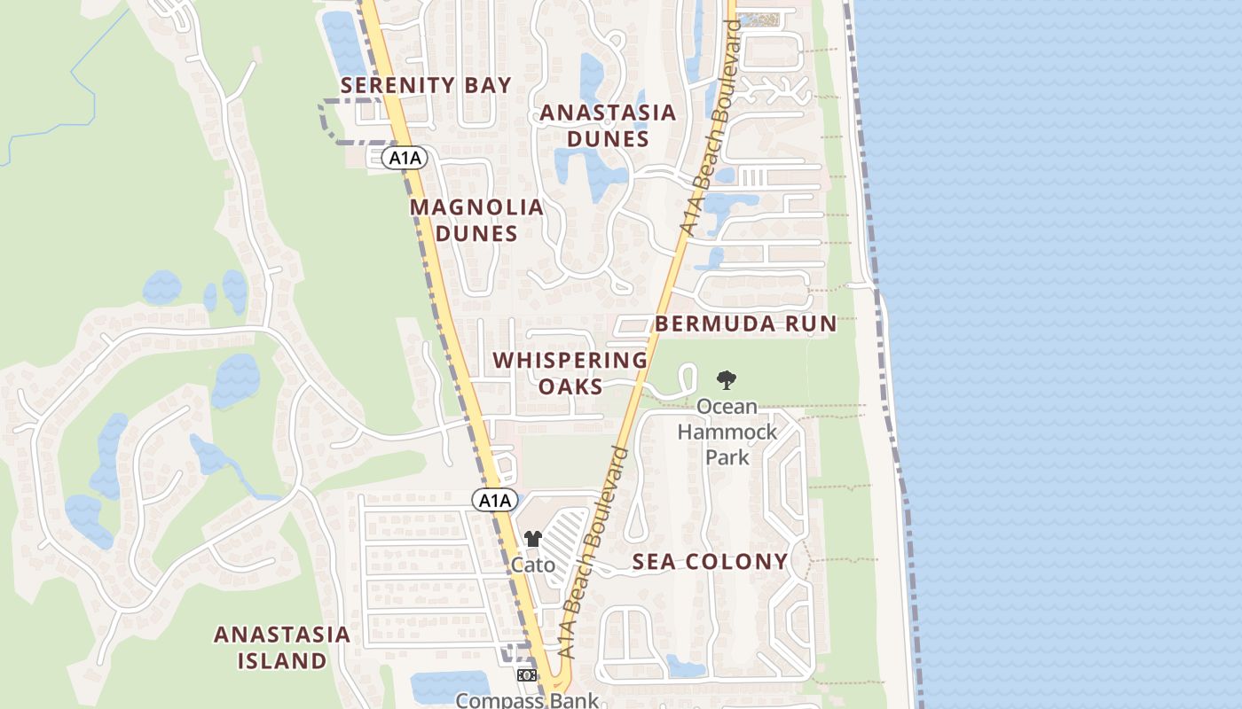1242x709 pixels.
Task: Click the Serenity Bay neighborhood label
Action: [x=426, y=86]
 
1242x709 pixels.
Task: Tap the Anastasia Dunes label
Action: [x=608, y=126]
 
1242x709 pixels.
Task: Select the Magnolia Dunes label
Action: [x=476, y=220]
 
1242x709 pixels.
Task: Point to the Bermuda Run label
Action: [x=746, y=323]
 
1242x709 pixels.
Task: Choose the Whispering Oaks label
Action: [x=570, y=373]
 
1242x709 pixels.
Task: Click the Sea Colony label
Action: [x=710, y=561]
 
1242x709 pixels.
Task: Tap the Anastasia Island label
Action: [x=282, y=648]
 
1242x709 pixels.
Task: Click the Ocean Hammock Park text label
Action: [x=727, y=432]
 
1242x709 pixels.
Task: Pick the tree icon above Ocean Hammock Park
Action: [x=727, y=380]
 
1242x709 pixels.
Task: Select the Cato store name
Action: [x=533, y=565]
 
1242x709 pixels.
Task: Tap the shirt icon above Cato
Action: [x=532, y=539]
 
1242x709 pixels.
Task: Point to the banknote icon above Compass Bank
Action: [x=526, y=675]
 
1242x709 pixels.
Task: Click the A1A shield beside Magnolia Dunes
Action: [x=405, y=158]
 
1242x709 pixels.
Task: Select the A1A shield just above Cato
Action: [x=493, y=500]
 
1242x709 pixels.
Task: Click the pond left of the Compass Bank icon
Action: [x=451, y=686]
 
